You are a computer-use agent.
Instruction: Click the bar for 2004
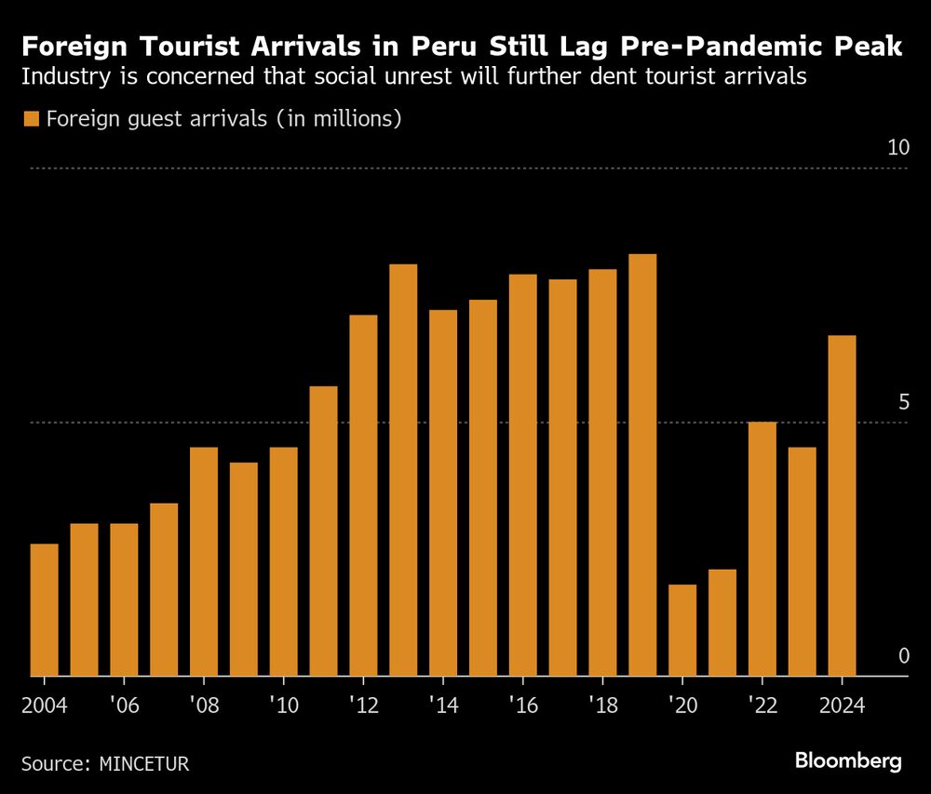[x=44, y=610]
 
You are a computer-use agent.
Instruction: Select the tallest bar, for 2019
[x=642, y=465]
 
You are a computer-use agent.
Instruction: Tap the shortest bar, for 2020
[x=682, y=630]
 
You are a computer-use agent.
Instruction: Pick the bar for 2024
[x=842, y=505]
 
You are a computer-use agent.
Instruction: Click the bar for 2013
[x=403, y=470]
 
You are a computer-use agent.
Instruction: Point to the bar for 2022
[x=762, y=549]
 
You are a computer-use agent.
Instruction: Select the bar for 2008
[x=204, y=561]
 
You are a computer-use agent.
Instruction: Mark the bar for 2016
[x=523, y=475]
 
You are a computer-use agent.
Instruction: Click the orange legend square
[x=31, y=119]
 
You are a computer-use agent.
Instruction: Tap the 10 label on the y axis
[x=897, y=147]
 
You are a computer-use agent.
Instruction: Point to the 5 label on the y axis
[x=903, y=402]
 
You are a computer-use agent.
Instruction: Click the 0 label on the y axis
[x=903, y=656]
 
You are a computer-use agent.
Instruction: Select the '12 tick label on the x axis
[x=363, y=706]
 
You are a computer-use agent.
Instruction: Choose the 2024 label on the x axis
[x=842, y=706]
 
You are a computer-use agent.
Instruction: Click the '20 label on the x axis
[x=682, y=706]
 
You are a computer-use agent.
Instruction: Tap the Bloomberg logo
[x=848, y=760]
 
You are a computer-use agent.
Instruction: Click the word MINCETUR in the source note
[x=143, y=764]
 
